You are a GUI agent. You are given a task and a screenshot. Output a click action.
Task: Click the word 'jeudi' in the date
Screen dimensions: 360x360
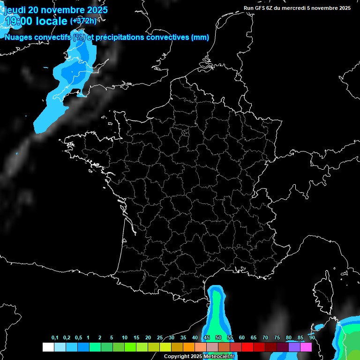pyautogui.click(x=15, y=9)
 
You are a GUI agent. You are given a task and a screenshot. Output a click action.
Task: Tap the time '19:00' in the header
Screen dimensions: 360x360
pyautogui.click(x=20, y=21)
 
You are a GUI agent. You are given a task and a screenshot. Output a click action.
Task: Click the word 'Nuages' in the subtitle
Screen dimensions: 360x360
pyautogui.click(x=19, y=37)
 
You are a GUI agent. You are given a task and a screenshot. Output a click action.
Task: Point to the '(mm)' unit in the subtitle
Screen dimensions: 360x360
pyautogui.click(x=200, y=37)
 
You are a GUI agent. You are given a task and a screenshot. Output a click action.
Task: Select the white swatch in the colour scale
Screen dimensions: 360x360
pyautogui.click(x=48, y=347)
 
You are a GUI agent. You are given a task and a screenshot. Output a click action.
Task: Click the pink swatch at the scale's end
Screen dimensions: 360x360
pyautogui.click(x=306, y=347)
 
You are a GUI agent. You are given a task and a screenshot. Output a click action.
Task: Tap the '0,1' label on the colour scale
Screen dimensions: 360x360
pyautogui.click(x=55, y=338)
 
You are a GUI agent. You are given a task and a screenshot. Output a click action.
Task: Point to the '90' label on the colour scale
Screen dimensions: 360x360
pyautogui.click(x=312, y=338)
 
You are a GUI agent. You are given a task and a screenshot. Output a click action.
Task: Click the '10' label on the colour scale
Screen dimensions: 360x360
pyautogui.click(x=124, y=338)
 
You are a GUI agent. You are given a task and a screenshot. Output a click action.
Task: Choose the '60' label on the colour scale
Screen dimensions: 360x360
pyautogui.click(x=241, y=338)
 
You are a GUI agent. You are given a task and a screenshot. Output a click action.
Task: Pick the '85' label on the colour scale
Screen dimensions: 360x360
pyautogui.click(x=300, y=338)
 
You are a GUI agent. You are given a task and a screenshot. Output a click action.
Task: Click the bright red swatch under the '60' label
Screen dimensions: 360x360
pyautogui.click(x=247, y=347)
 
